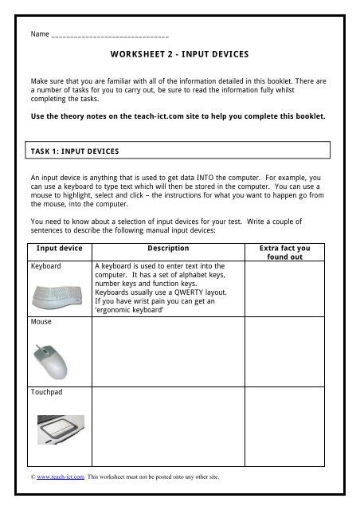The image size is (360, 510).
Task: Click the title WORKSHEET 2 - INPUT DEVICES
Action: click(x=180, y=56)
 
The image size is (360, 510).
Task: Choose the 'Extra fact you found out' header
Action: click(x=284, y=253)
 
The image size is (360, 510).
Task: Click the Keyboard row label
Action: click(x=46, y=266)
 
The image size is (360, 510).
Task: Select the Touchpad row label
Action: click(x=47, y=393)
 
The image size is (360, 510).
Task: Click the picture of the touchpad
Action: click(x=61, y=431)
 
